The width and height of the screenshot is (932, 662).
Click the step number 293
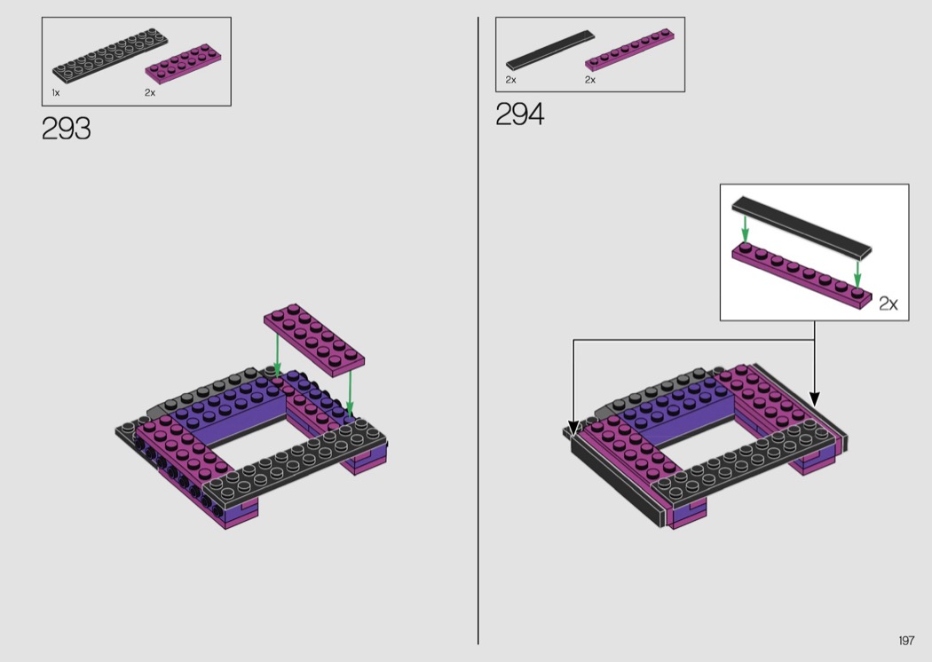click(66, 129)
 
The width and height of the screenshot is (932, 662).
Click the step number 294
click(519, 114)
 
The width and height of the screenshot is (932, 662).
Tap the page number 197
click(906, 640)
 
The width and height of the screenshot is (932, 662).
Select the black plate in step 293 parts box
click(110, 55)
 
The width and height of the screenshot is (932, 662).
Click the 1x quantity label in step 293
click(56, 92)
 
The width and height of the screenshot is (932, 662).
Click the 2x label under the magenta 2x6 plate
click(150, 92)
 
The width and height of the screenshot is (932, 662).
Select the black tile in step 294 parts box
click(549, 51)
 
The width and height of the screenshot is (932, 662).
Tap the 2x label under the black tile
click(511, 80)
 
